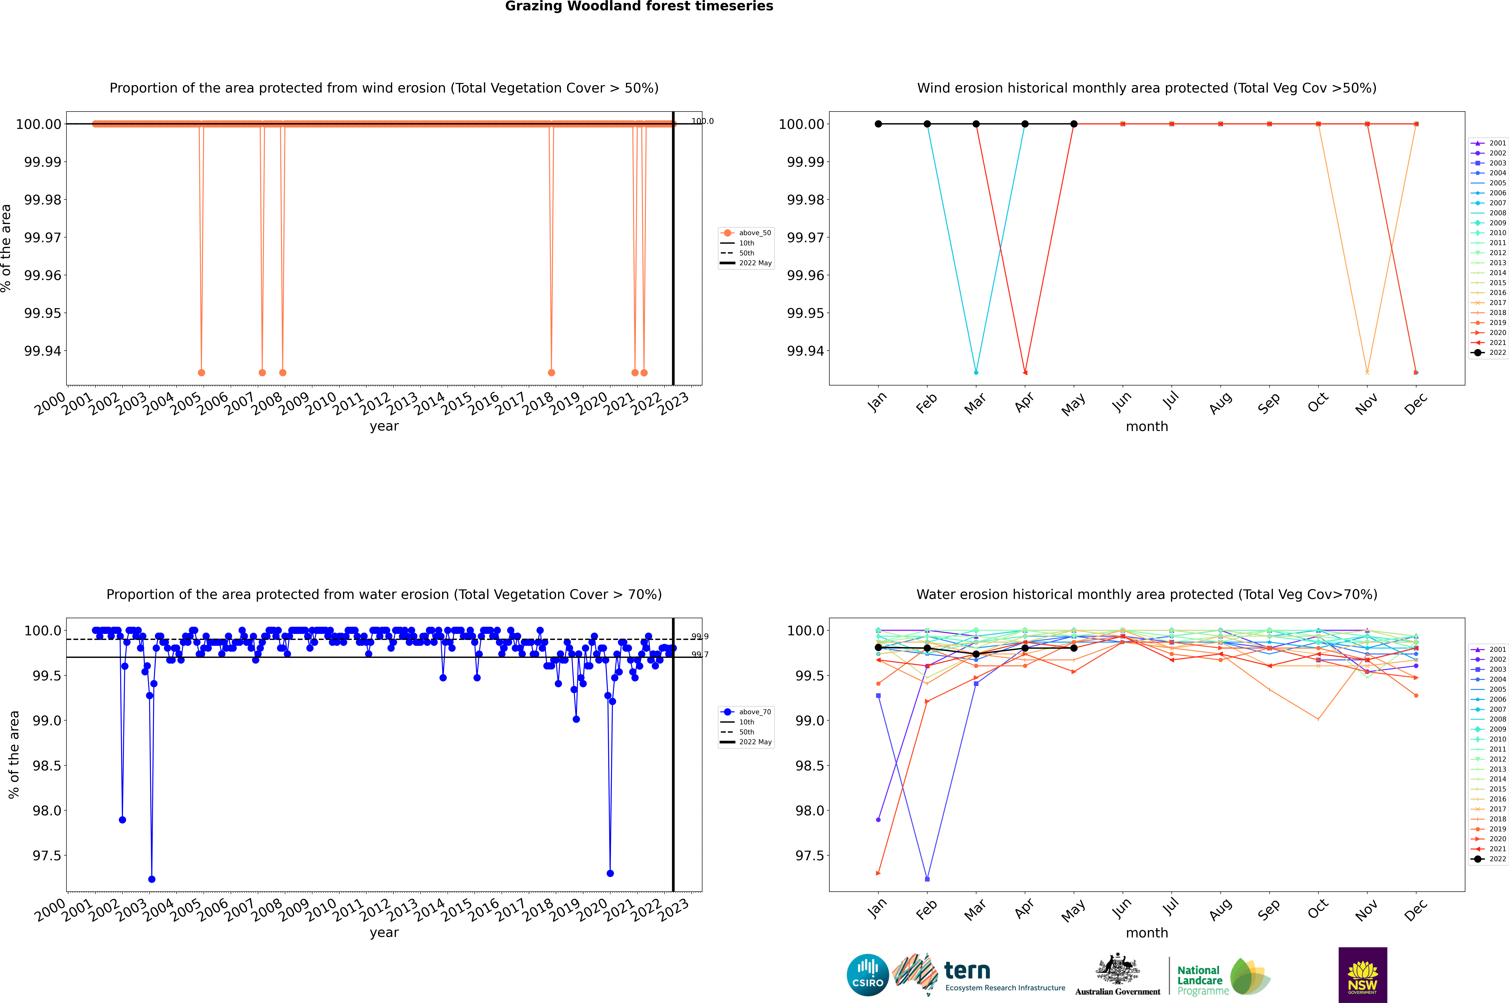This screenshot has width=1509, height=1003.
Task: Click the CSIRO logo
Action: coord(867,975)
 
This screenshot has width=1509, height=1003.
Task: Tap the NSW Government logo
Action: coord(1362,975)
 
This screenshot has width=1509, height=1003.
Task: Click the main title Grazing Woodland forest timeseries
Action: coord(639,6)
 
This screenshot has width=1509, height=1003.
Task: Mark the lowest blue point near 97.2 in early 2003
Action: coord(152,879)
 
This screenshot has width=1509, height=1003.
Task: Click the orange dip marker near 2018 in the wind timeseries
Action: coord(551,372)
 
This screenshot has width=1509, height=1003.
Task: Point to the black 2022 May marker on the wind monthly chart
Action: coord(1074,124)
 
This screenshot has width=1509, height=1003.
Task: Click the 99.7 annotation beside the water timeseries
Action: coord(700,654)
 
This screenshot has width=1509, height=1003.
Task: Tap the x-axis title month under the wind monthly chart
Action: coord(1147,427)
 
